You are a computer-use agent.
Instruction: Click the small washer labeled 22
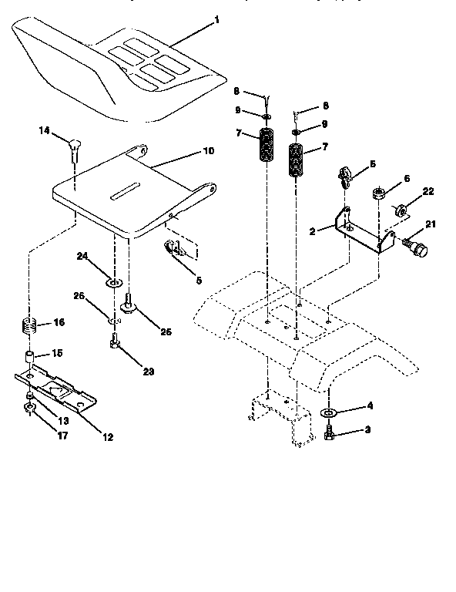pos(400,209)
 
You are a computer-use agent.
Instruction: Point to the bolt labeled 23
pos(115,339)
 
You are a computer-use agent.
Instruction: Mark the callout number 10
pos(208,151)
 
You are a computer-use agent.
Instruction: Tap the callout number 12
pos(107,437)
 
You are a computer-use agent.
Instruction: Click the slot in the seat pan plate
pos(123,190)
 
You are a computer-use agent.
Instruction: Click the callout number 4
pos(370,405)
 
